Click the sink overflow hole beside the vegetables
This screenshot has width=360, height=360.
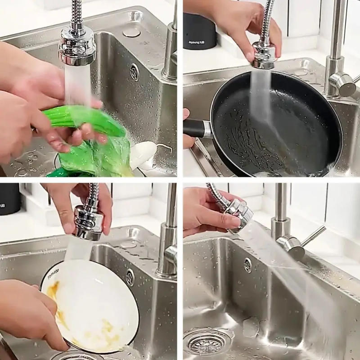[134, 72]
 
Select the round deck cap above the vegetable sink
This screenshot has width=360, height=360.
[131, 32]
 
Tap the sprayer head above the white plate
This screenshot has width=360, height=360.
[88, 220]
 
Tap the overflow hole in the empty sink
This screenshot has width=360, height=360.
[247, 265]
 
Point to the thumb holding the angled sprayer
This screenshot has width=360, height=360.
[216, 220]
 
